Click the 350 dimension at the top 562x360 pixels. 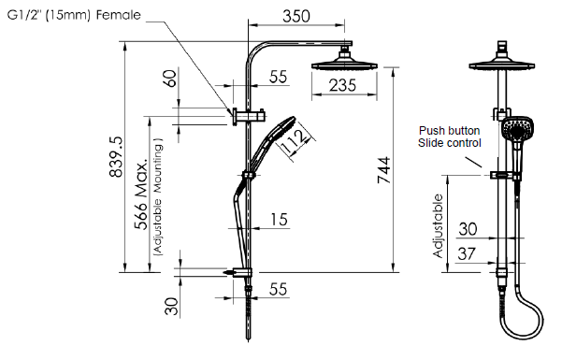click(x=296, y=16)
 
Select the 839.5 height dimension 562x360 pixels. click(x=116, y=157)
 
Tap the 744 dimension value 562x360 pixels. click(x=383, y=170)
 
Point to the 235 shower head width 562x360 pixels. click(x=342, y=85)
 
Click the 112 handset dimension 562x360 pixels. click(x=295, y=140)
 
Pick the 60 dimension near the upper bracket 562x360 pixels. click(x=171, y=79)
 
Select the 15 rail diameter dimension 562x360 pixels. click(x=279, y=220)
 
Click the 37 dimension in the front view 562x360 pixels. click(x=467, y=253)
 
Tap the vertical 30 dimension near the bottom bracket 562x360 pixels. click(x=172, y=306)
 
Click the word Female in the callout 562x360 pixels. click(x=118, y=15)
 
